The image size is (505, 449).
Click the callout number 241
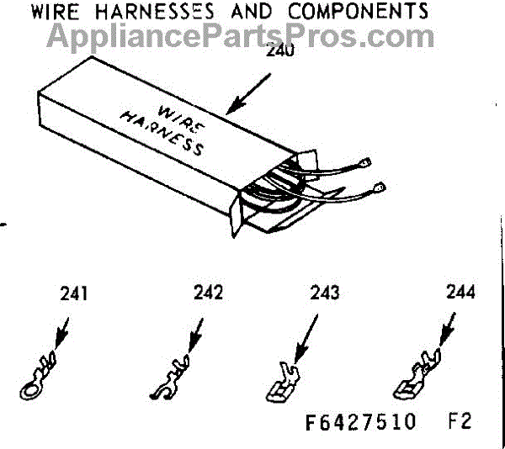tap(74, 295)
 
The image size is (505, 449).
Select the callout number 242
tap(207, 294)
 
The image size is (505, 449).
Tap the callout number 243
tap(324, 294)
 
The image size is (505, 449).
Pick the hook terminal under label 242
tap(171, 376)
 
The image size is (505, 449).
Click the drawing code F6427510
tap(361, 420)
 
